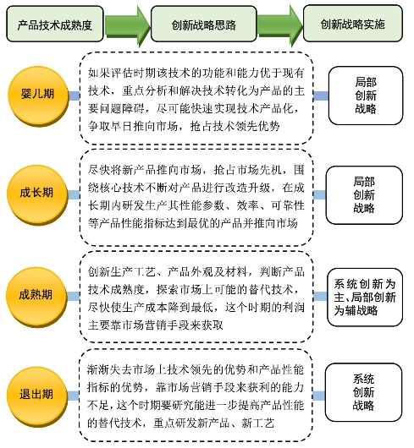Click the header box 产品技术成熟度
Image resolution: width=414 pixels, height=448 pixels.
click(55, 24)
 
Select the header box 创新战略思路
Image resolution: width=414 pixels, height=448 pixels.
click(204, 24)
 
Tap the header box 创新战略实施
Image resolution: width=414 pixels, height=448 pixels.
click(353, 24)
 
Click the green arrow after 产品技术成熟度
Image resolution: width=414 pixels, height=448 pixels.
click(127, 25)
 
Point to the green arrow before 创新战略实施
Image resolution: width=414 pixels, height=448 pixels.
click(280, 25)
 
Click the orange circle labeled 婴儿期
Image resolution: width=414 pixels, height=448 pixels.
click(38, 96)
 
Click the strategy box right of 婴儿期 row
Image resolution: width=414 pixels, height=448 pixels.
click(366, 96)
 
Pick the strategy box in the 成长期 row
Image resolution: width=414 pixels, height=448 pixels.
click(364, 195)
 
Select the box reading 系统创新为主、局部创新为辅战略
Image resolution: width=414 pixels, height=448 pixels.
click(365, 298)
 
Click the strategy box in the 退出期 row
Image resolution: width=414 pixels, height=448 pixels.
click(363, 392)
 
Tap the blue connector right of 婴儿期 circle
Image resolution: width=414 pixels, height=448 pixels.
click(75, 96)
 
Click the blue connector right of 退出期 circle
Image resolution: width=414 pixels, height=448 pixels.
click(74, 396)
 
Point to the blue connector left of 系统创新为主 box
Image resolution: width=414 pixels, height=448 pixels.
click(320, 297)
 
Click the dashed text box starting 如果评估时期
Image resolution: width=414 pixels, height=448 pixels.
click(196, 98)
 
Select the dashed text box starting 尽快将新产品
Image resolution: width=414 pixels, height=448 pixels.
click(196, 197)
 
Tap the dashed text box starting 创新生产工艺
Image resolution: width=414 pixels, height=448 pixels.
click(196, 297)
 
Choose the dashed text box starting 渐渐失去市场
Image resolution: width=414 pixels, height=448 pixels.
click(196, 396)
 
